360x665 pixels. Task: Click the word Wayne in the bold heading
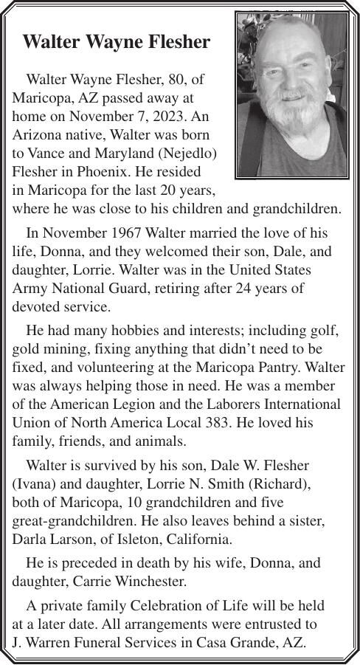tap(111, 42)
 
